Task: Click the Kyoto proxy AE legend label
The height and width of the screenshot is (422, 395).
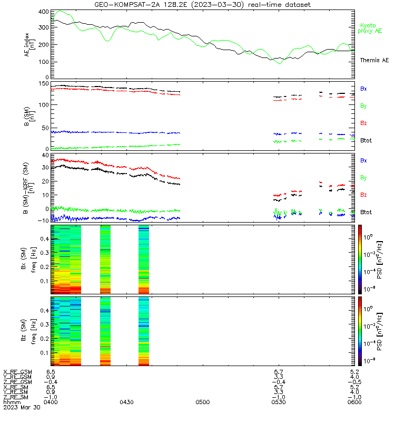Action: click(x=370, y=28)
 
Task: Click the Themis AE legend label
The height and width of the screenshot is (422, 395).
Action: click(x=374, y=60)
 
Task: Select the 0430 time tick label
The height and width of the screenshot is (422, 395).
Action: click(x=126, y=402)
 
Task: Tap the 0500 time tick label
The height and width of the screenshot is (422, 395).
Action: click(x=203, y=402)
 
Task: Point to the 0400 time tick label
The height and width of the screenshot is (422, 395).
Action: click(x=51, y=402)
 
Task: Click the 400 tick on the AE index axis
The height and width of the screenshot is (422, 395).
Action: click(x=44, y=12)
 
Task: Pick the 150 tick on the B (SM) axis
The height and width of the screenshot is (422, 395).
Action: click(x=44, y=84)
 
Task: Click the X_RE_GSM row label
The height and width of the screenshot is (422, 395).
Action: click(x=18, y=372)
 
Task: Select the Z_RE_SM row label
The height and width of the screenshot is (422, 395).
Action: click(x=16, y=397)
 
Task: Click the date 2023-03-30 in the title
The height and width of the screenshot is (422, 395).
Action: click(x=217, y=5)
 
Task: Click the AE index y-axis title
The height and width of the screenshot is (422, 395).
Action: click(x=29, y=45)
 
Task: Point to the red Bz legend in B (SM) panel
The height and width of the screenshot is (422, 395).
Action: click(x=363, y=123)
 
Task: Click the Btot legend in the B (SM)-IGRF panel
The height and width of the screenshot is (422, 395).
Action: click(x=366, y=212)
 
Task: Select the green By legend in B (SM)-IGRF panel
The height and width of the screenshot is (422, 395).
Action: click(x=363, y=178)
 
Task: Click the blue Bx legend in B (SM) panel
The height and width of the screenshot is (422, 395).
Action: click(x=363, y=89)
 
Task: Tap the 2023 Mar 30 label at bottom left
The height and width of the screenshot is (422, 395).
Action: click(x=22, y=407)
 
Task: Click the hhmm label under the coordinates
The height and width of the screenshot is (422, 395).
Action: click(x=12, y=402)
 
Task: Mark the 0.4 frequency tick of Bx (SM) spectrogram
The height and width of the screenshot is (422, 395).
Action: click(x=45, y=239)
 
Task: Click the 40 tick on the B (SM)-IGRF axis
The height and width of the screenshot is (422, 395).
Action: click(x=45, y=155)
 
